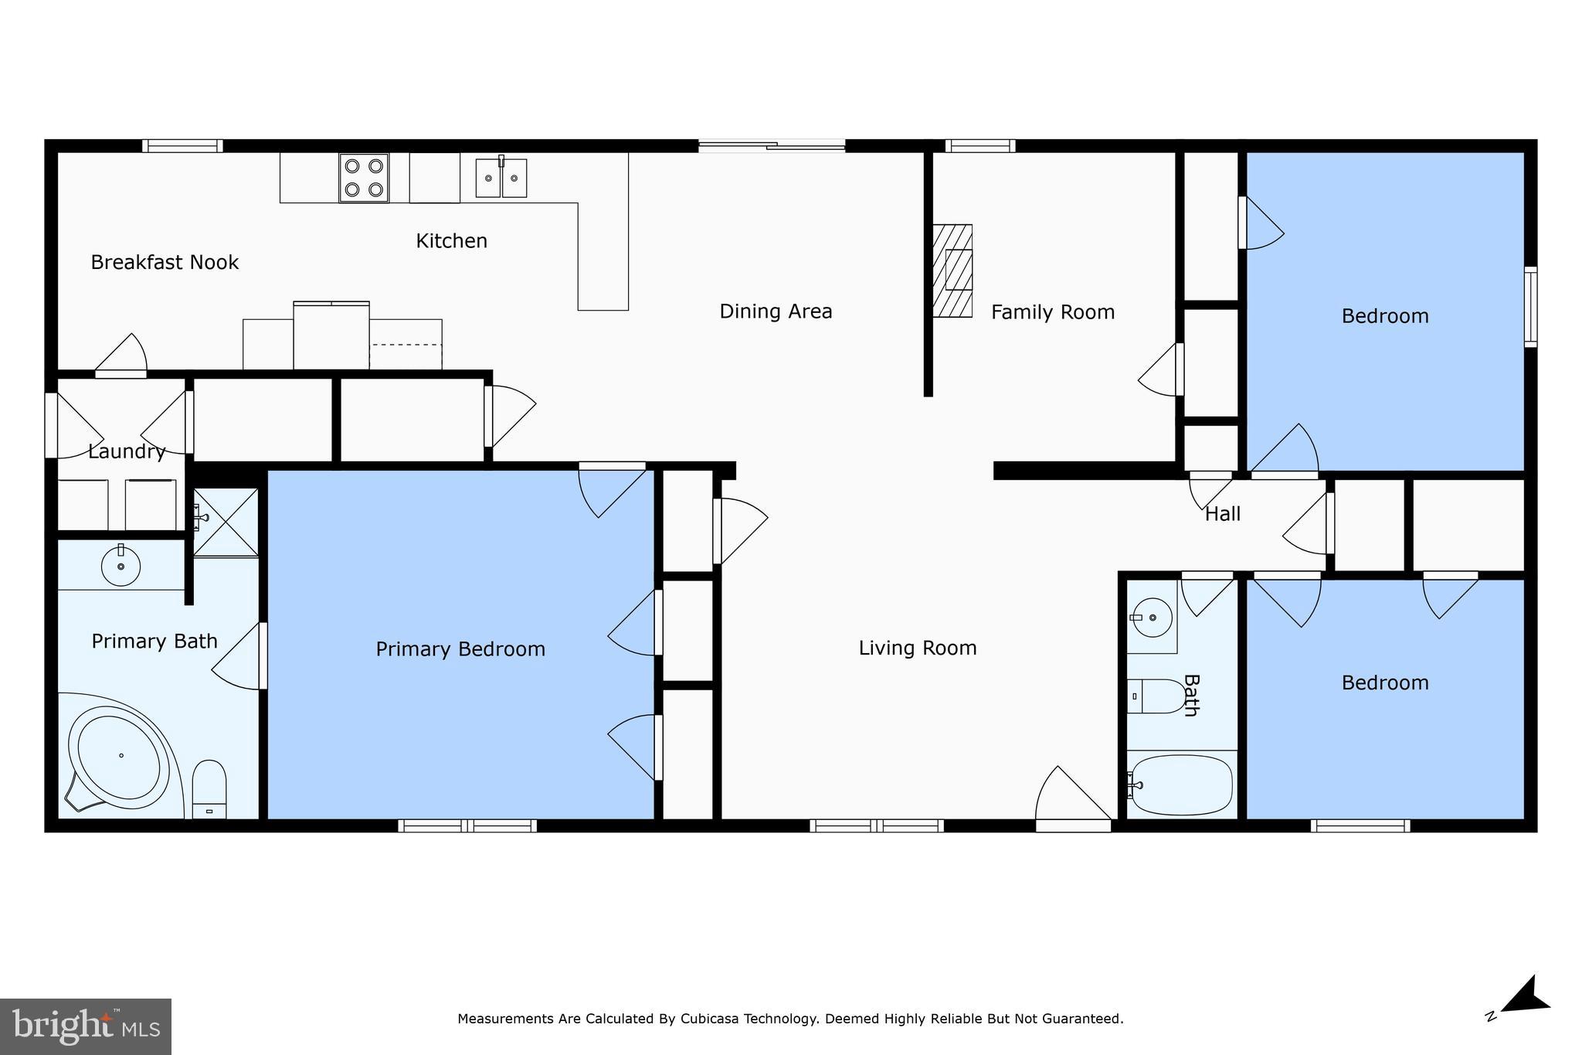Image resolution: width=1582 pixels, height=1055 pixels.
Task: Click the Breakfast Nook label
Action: coord(165,263)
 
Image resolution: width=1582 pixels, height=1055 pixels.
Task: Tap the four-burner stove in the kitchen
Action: coord(364,178)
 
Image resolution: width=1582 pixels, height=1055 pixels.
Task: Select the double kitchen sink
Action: coord(501,178)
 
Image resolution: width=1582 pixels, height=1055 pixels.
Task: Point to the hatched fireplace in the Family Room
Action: coord(952,271)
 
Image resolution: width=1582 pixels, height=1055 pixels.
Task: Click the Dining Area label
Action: coord(776,311)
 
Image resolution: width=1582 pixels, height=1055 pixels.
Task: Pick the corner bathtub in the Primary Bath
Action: coord(119,757)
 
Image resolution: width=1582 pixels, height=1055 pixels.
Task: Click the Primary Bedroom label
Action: coord(460,649)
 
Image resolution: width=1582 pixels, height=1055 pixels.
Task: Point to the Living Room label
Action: coord(918,648)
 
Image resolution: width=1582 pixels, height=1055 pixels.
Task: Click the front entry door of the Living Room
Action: coord(1072,824)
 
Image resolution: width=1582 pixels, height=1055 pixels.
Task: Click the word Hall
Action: coord(1223,514)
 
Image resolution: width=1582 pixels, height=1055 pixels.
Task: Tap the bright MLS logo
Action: coord(85,1026)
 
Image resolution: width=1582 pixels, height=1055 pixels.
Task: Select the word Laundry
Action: coord(127,452)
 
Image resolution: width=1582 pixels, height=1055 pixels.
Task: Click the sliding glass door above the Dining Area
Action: coord(772,145)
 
